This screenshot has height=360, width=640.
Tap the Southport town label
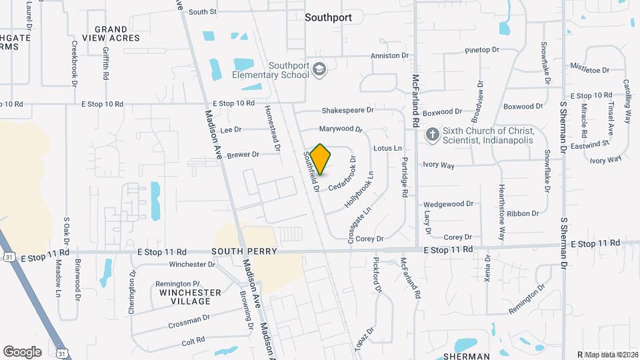pyautogui.click(x=328, y=18)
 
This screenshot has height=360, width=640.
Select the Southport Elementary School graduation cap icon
pyautogui.click(x=320, y=69)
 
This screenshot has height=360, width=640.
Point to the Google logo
pyautogui.click(x=22, y=352)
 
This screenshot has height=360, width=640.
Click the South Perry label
pyautogui.click(x=239, y=251)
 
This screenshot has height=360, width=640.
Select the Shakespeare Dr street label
pyautogui.click(x=347, y=110)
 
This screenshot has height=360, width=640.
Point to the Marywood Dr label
pyautogui.click(x=340, y=128)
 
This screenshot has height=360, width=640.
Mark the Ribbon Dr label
pyautogui.click(x=523, y=213)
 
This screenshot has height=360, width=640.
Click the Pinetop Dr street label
pyautogui.click(x=482, y=50)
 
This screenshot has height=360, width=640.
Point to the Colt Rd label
pyautogui.click(x=193, y=341)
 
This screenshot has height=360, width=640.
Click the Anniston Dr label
pyautogui.click(x=389, y=56)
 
